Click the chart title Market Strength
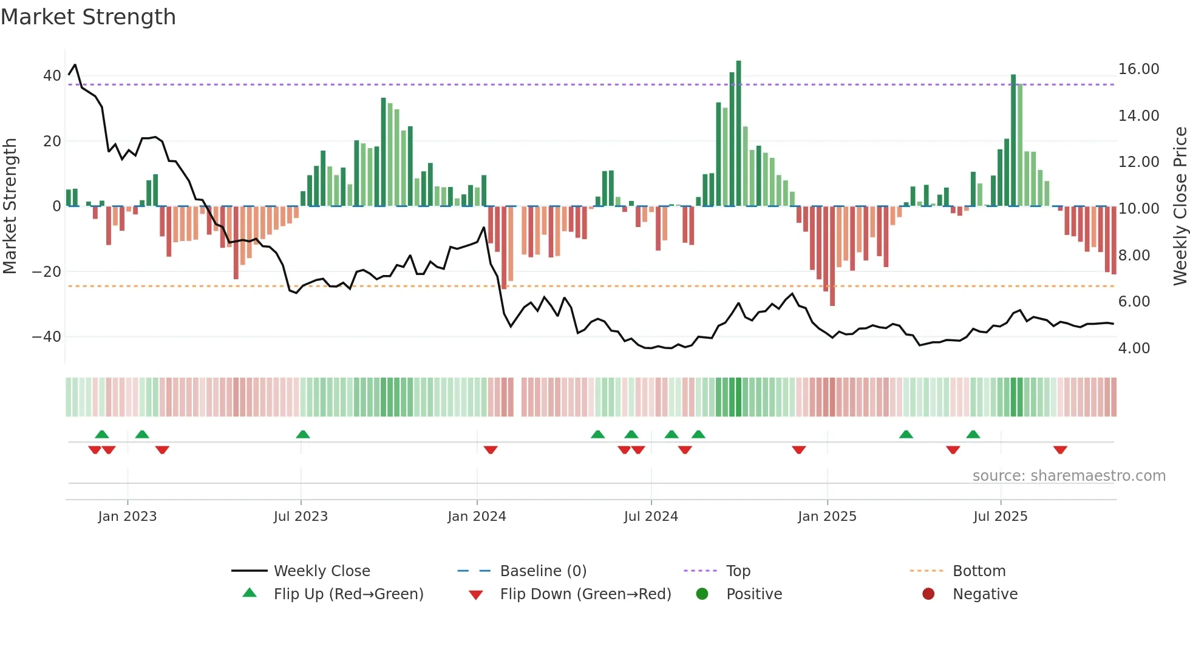click(x=88, y=17)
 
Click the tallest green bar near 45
click(x=738, y=134)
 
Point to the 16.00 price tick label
click(x=1138, y=69)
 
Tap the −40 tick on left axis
click(x=47, y=337)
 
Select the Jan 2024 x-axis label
click(x=477, y=517)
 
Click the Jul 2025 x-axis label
click(x=1000, y=517)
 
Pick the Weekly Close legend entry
click(x=321, y=571)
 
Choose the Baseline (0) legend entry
click(x=543, y=571)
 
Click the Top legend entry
click(x=738, y=571)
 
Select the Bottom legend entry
click(x=979, y=571)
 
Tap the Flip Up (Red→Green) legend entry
click(x=348, y=594)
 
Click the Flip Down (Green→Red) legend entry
click(x=585, y=594)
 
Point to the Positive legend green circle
click(x=702, y=594)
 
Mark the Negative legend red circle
click(x=928, y=594)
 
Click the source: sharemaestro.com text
click(x=1069, y=476)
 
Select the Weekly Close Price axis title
click(x=1180, y=206)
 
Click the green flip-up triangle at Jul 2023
click(x=303, y=435)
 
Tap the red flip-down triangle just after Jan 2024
click(x=491, y=450)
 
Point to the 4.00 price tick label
click(x=1134, y=348)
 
